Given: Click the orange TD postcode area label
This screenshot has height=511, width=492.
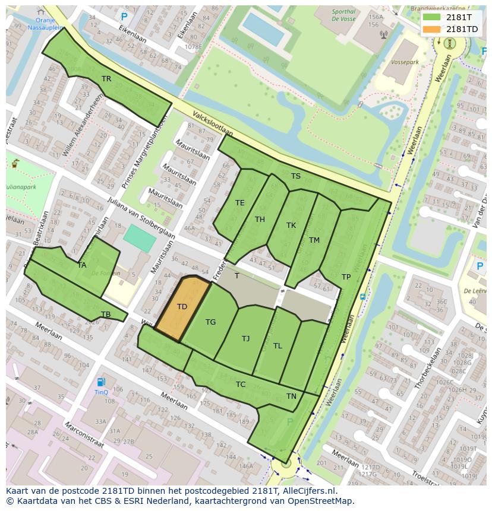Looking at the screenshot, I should pyautogui.click(x=182, y=307).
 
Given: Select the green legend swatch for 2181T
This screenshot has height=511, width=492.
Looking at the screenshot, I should pyautogui.click(x=432, y=17).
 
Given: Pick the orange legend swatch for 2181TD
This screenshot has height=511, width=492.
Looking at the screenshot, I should pyautogui.click(x=432, y=29).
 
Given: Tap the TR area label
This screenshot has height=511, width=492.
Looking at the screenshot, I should pyautogui.click(x=106, y=78).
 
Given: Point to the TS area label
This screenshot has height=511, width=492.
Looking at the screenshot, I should pyautogui.click(x=295, y=176).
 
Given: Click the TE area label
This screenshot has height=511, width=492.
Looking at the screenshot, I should pyautogui.click(x=239, y=203).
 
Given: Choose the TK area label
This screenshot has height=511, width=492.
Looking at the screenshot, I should pyautogui.click(x=291, y=226).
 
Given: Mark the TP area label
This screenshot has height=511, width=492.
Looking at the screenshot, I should pyautogui.click(x=346, y=277).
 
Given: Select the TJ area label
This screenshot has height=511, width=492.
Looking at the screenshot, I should pyautogui.click(x=245, y=339).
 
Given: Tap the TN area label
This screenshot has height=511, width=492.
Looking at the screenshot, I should pyautogui.click(x=291, y=396).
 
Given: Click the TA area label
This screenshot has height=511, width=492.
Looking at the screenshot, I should pyautogui.click(x=82, y=265).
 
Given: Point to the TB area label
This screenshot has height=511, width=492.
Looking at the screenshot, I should pyautogui.click(x=106, y=315).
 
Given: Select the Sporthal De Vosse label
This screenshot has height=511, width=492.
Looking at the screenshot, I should pyautogui.click(x=344, y=15).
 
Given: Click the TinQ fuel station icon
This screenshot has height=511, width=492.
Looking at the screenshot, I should pyautogui.click(x=102, y=382).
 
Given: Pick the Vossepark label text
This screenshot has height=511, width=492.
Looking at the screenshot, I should pyautogui.click(x=405, y=62).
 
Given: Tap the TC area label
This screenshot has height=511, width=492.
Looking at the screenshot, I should pyautogui.click(x=240, y=385).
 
